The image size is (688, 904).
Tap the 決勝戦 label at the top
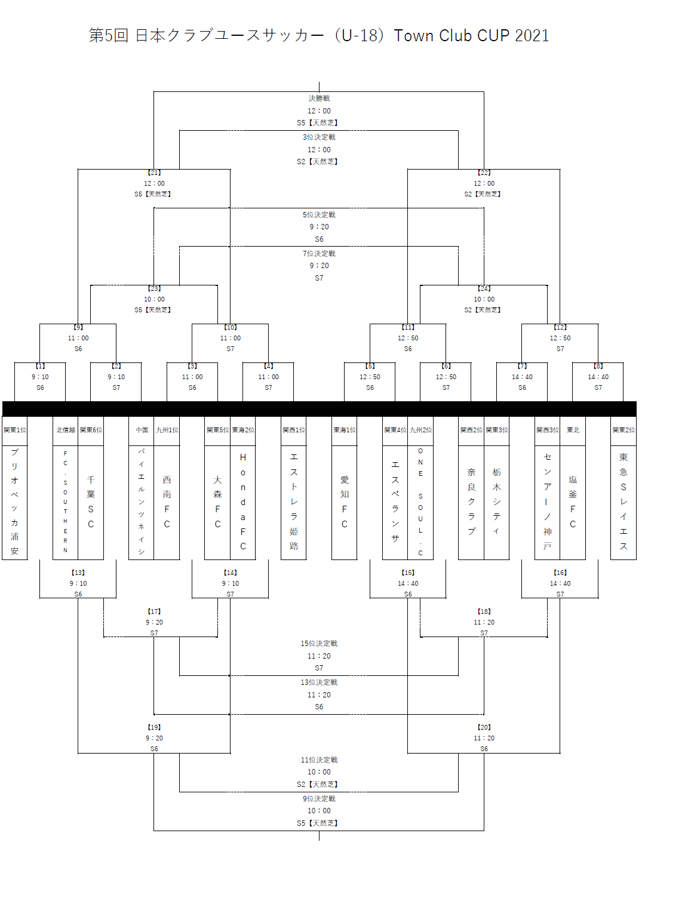pyautogui.click(x=319, y=99)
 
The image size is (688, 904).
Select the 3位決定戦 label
pyautogui.click(x=319, y=137)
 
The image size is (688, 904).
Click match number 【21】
pyautogui.click(x=154, y=173)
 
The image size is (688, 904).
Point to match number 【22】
pyautogui.click(x=484, y=173)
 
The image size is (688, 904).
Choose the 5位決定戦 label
pyautogui.click(x=319, y=215)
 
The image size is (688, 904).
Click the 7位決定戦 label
pyautogui.click(x=319, y=254)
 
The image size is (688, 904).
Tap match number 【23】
pyautogui.click(x=154, y=288)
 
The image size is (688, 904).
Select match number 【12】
pyautogui.click(x=560, y=327)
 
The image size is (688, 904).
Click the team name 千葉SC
pyautogui.click(x=91, y=502)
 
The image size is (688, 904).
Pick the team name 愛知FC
pyautogui.click(x=345, y=502)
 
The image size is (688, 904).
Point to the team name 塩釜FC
pyautogui.click(x=573, y=502)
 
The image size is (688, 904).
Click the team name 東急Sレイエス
pyautogui.click(x=623, y=502)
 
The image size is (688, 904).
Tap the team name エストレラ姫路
pyautogui.click(x=294, y=502)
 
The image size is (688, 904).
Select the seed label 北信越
pyautogui.click(x=66, y=430)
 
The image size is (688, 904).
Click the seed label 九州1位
pyautogui.click(x=167, y=430)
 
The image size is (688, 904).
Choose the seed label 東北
pyautogui.click(x=573, y=430)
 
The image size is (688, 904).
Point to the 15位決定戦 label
pyautogui.click(x=319, y=644)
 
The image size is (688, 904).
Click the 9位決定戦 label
pyautogui.click(x=319, y=799)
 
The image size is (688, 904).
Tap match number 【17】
pyautogui.click(x=154, y=611)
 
